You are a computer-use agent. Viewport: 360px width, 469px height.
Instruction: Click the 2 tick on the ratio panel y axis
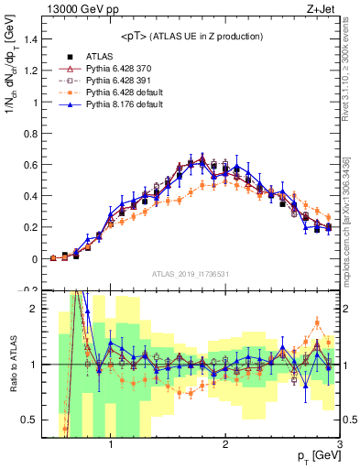pyautogui.click(x=32, y=309)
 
